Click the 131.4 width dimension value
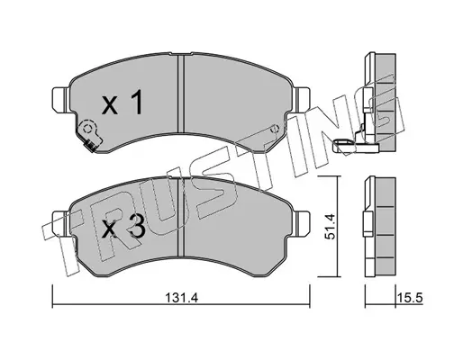click(x=182, y=298)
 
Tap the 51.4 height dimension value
click(x=331, y=227)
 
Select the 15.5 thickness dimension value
click(x=410, y=298)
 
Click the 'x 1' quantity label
click(x=123, y=103)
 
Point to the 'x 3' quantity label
click(x=123, y=227)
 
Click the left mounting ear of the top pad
click(x=61, y=100)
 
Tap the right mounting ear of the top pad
click(x=301, y=100)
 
